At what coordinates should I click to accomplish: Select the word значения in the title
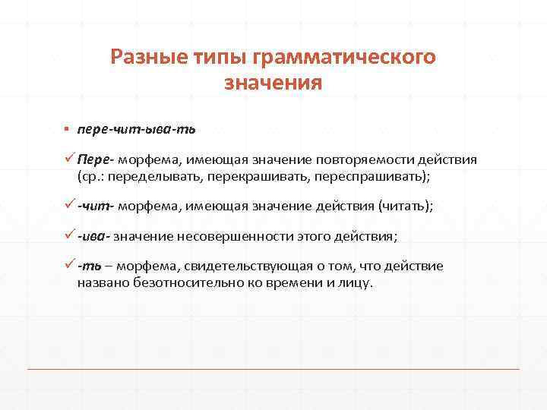coord(273,82)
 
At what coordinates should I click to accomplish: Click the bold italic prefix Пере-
coord(93,160)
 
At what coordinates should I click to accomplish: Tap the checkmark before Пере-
coord(69,160)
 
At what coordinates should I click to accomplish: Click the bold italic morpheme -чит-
coord(95,206)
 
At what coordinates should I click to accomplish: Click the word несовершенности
coord(237,236)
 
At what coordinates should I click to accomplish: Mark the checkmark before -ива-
coord(69,236)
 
